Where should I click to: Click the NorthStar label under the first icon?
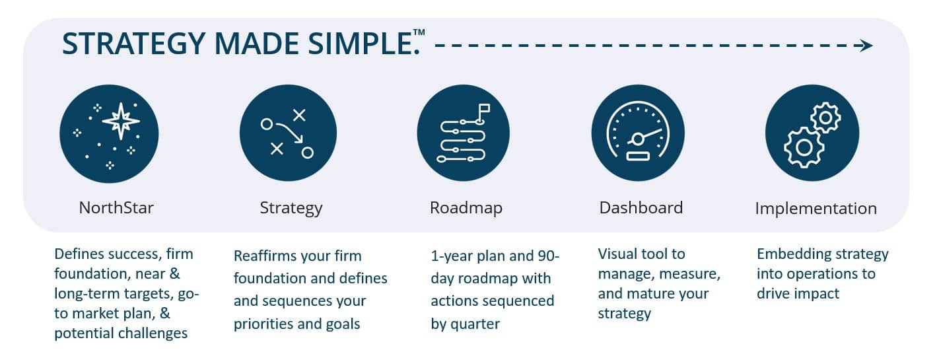tap(116, 208)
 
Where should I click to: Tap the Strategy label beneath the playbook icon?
tap(291, 209)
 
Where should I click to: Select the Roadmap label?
tap(466, 209)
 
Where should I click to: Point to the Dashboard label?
tap(641, 208)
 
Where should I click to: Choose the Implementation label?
tap(816, 209)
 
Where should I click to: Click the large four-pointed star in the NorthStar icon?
tap(121, 121)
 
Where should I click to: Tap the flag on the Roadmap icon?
tap(484, 110)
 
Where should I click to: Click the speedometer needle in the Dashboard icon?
tap(649, 135)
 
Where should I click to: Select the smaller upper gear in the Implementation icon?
tap(825, 118)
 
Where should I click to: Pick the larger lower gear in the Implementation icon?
tap(804, 147)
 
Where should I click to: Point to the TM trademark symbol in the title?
tap(419, 32)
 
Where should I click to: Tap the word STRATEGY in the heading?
tap(134, 44)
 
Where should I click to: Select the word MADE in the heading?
tap(257, 44)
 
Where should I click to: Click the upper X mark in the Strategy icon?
tap(299, 115)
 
